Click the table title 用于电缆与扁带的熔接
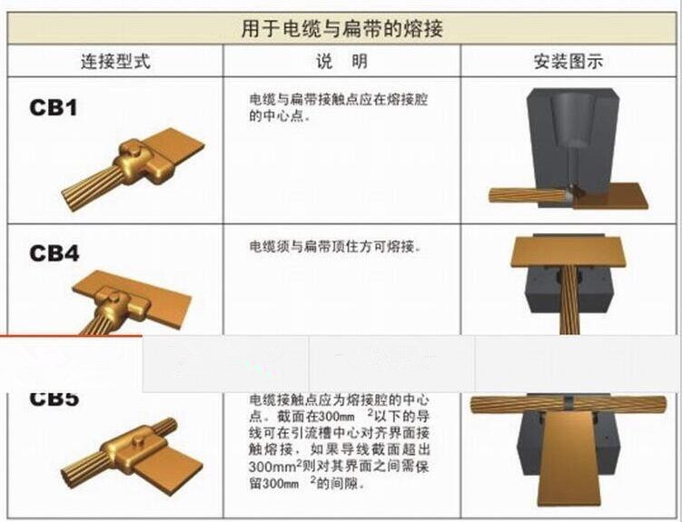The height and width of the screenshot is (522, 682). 341,29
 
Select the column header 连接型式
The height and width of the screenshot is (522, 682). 115,62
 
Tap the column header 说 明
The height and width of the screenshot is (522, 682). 341,62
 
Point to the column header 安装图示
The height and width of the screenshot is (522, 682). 568,62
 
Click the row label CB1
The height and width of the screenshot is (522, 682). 53,107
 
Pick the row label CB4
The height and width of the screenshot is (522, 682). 54,253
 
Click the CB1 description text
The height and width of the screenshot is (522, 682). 339,107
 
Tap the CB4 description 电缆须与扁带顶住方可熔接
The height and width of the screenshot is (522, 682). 335,246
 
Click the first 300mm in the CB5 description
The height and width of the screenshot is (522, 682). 336,417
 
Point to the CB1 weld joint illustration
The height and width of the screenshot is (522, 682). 133,170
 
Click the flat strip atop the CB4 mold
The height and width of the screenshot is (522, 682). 569,251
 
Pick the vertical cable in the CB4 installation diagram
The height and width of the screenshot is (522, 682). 568,300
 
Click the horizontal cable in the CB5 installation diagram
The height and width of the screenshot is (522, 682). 568,404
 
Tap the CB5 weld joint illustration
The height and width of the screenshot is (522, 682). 133,453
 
